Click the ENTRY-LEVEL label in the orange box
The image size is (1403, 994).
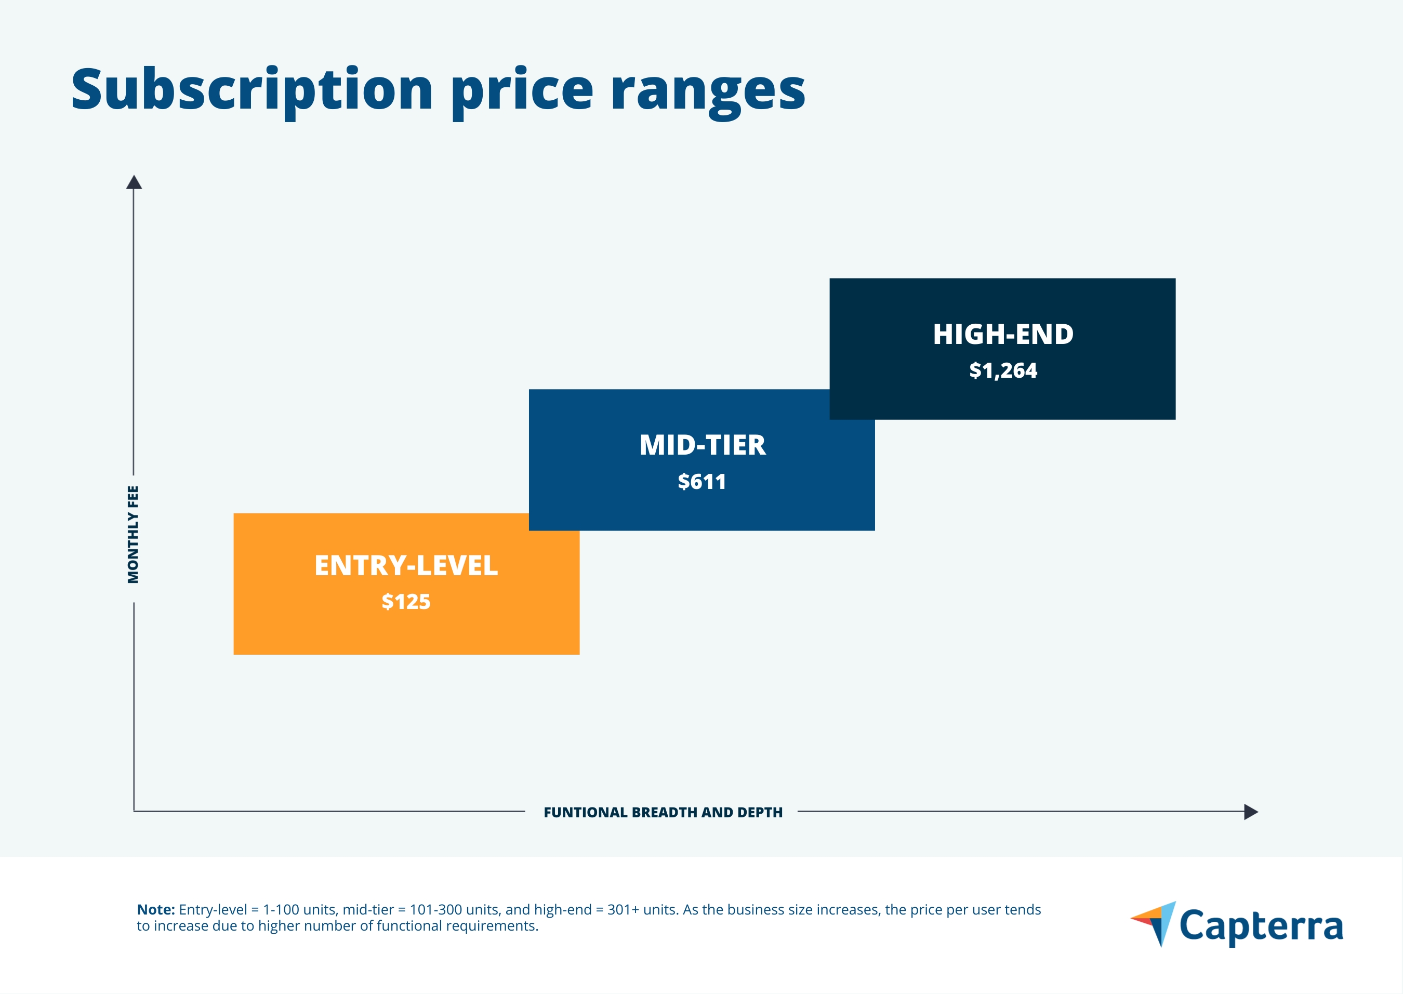pos(406,565)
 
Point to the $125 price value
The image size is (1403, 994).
pos(406,602)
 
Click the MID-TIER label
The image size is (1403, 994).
pos(702,445)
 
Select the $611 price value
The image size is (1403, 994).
pos(701,482)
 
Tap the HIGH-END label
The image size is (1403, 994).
pos(1003,334)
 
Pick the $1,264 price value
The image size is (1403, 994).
pos(1003,370)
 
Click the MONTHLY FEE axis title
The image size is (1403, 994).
pos(133,534)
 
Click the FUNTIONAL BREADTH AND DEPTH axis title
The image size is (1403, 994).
pos(663,812)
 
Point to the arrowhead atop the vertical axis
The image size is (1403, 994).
pos(134,182)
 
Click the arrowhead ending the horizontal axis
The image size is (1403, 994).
pos(1251,812)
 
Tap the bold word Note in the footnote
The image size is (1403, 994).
pos(155,909)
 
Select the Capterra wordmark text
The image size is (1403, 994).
pos(1261,926)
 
